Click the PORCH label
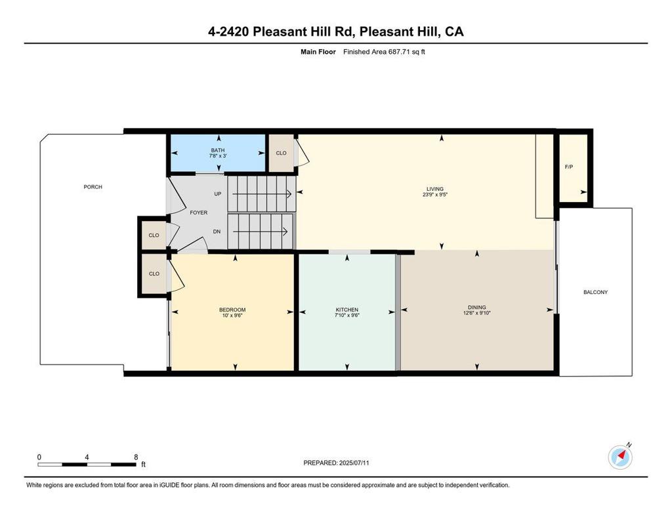(x=93, y=187)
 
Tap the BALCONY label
(x=595, y=292)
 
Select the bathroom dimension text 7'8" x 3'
(x=218, y=156)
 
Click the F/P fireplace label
(x=569, y=167)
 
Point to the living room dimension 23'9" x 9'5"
(x=435, y=195)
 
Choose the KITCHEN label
(x=346, y=310)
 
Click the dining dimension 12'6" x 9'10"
(x=476, y=313)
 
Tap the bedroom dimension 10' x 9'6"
(x=232, y=316)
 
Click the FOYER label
(x=198, y=213)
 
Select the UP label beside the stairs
(x=218, y=194)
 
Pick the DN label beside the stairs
(x=217, y=232)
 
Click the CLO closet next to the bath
(x=281, y=153)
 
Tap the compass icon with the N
(x=620, y=457)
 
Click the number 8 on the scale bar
(x=136, y=457)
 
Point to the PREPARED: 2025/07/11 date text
(x=336, y=463)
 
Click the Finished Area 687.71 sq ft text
(x=384, y=52)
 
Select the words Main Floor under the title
(x=318, y=52)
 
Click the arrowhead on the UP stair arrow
(x=289, y=194)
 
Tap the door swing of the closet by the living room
(x=302, y=153)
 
